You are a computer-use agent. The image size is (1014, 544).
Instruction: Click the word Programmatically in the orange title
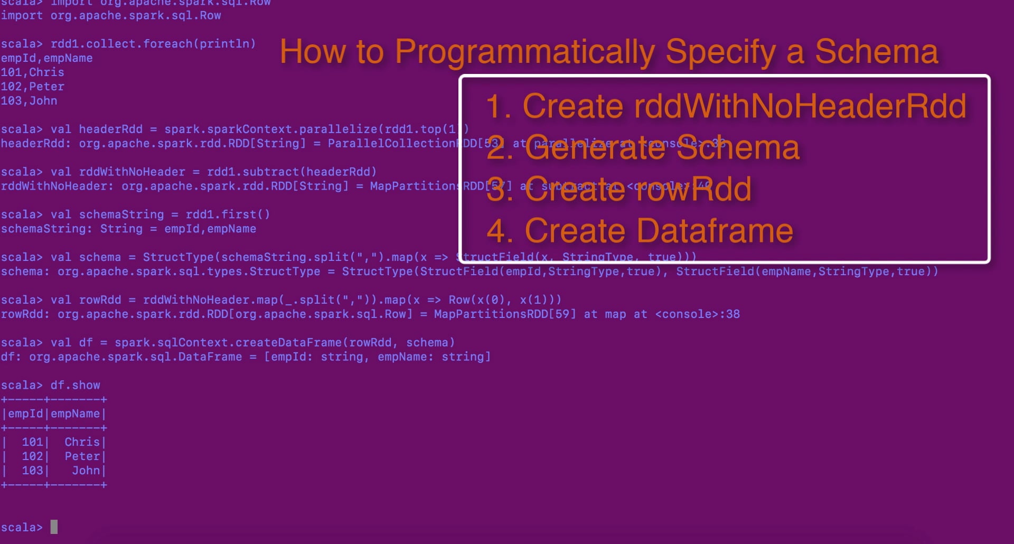(526, 52)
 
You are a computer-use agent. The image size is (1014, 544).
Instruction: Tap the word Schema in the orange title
(876, 52)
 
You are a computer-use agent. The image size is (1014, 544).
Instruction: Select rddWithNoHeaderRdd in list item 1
(800, 106)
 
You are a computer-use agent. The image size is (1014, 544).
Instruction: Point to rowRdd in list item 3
(692, 190)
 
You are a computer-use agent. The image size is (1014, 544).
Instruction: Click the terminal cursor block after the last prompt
(54, 527)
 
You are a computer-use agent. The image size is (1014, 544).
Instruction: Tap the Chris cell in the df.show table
(82, 442)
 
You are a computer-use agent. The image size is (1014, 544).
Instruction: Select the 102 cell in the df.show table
(32, 456)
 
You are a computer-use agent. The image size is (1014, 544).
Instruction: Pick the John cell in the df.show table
(86, 471)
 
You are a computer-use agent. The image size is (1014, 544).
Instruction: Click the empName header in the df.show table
(75, 414)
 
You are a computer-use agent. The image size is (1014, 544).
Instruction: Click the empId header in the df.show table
(25, 414)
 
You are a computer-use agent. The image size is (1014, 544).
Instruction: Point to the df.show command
(75, 385)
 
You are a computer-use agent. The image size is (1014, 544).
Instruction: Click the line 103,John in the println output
(29, 101)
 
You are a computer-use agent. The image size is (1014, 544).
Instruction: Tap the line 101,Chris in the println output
(32, 72)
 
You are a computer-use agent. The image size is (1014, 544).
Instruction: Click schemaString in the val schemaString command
(121, 214)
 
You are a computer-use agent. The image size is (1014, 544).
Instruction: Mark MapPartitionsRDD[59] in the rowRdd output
(505, 314)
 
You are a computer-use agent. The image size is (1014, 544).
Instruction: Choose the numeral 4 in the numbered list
(496, 231)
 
